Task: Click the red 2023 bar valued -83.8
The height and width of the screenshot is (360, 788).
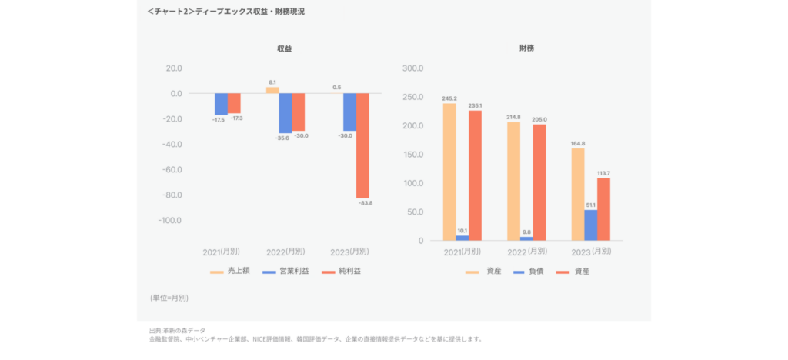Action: point(362,146)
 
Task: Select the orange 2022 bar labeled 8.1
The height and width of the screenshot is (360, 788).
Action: point(272,90)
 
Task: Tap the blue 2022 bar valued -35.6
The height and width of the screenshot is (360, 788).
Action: point(285,112)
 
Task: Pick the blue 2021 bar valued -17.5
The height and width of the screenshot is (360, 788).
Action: point(221,104)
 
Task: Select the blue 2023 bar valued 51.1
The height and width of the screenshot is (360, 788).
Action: point(590,225)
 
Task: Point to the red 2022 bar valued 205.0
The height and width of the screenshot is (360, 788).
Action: point(539,182)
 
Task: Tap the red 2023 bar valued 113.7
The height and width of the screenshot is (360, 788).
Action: point(603,208)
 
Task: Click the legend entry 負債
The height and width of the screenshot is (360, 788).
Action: point(529,272)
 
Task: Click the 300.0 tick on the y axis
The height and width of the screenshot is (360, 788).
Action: point(412,68)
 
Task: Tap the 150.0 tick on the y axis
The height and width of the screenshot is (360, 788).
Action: point(412,155)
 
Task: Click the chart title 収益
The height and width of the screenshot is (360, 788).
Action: point(285,48)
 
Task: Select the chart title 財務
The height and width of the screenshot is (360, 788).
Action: point(527,48)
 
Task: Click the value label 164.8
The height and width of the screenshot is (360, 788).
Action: point(577,143)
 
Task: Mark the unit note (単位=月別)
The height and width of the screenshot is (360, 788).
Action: point(169,297)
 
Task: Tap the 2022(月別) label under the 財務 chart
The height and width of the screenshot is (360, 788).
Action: point(526,252)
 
